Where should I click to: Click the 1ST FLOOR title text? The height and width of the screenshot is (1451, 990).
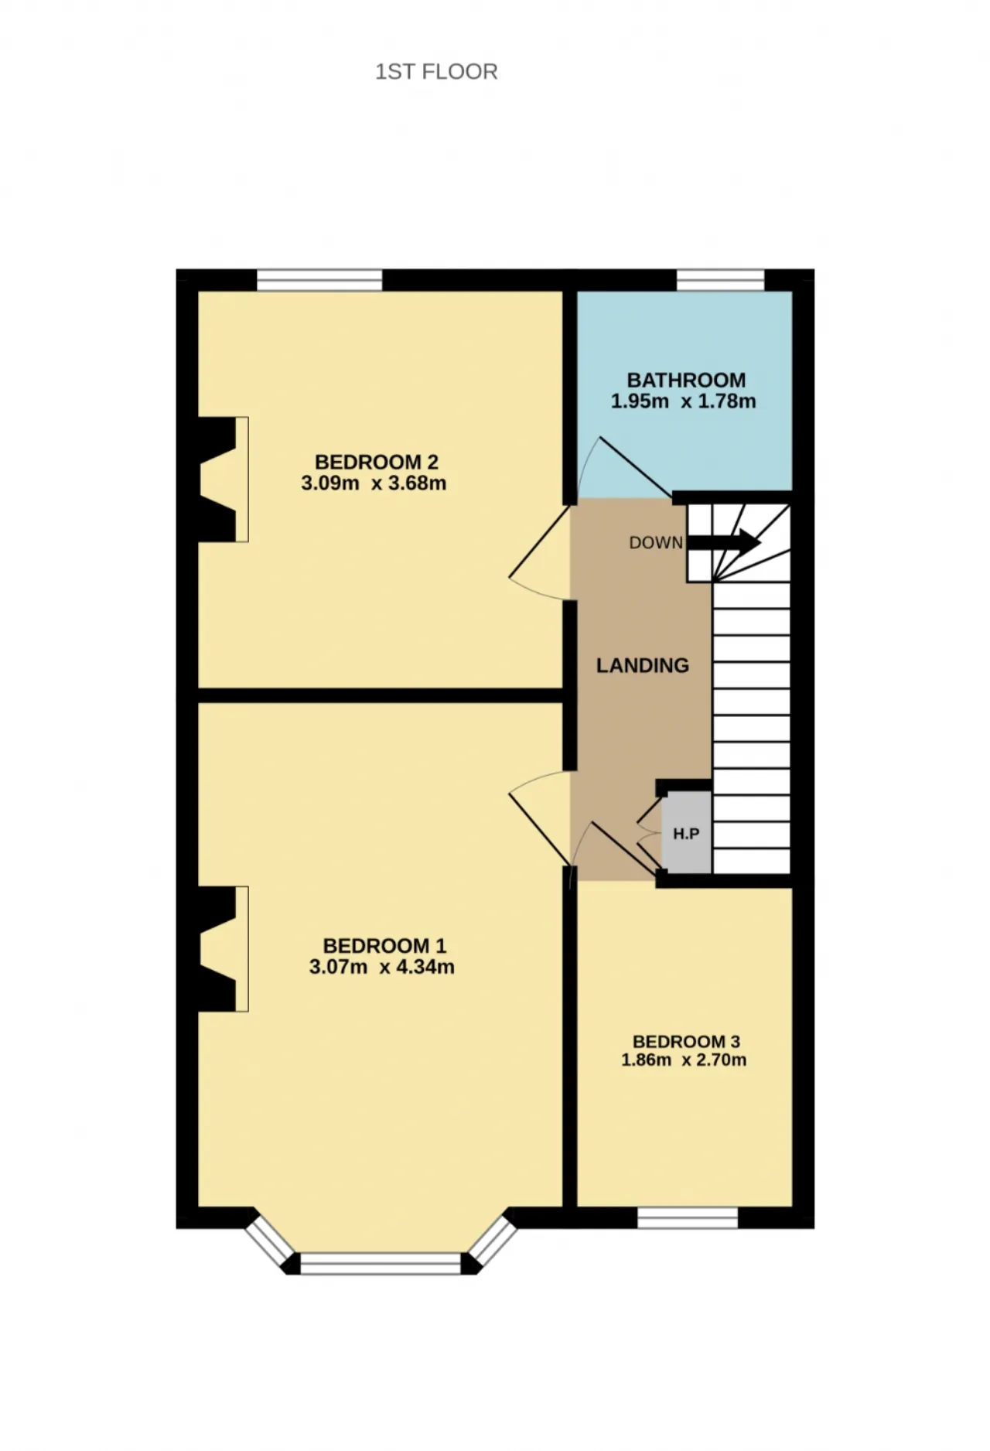[436, 72]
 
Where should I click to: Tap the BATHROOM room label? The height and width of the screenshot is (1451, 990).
[686, 380]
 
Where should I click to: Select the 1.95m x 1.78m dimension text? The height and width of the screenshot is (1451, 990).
[684, 401]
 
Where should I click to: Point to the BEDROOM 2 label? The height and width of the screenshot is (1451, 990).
[377, 462]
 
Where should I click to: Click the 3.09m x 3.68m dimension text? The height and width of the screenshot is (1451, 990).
[374, 483]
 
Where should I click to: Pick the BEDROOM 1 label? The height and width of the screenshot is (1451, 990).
[384, 945]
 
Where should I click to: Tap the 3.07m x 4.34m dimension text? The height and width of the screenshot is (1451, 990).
[382, 967]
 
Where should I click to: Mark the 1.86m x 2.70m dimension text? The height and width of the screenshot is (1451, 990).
[684, 1060]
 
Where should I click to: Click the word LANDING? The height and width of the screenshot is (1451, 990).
[643, 665]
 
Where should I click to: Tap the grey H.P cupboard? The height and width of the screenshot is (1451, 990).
[687, 832]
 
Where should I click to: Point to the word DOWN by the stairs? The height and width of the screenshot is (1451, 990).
[656, 543]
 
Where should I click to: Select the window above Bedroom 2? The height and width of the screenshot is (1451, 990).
[319, 280]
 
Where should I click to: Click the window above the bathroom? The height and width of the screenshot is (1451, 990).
[721, 280]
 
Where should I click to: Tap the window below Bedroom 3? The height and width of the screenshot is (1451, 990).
[688, 1217]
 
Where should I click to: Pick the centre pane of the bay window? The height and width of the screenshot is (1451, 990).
[381, 1264]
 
